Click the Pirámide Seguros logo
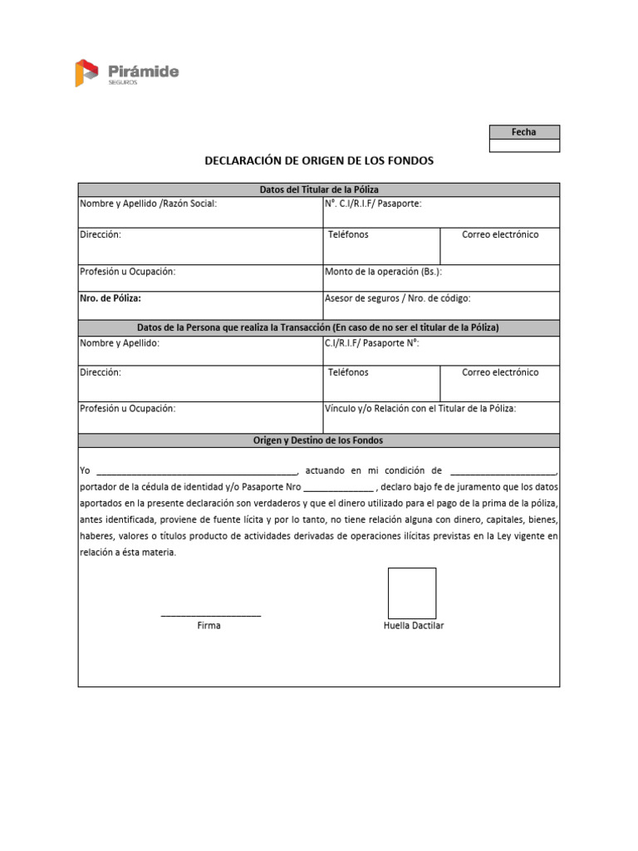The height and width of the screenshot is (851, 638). [126, 72]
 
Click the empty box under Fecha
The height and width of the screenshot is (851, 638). [524, 146]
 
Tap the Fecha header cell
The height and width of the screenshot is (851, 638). [524, 132]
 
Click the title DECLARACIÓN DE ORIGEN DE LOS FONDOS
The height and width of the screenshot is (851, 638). [319, 160]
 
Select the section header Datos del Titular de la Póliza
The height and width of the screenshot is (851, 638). [319, 189]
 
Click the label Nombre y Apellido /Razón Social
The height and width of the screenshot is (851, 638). [148, 204]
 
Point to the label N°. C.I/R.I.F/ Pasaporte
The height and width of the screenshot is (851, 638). [373, 204]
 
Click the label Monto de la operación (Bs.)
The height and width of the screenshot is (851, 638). [383, 272]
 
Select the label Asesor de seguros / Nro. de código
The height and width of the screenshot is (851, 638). [398, 298]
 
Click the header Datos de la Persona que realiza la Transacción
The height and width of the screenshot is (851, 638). [319, 327]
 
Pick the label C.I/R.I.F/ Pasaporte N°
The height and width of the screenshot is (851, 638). [372, 342]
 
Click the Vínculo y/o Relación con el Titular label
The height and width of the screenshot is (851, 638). [420, 408]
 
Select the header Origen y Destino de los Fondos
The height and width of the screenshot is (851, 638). [319, 440]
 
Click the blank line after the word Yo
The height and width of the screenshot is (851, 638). [197, 471]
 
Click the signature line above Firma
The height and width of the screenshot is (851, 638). [210, 615]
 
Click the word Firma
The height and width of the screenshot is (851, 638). [209, 626]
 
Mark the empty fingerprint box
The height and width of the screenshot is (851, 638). [412, 593]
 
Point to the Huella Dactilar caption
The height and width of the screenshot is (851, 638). [413, 626]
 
